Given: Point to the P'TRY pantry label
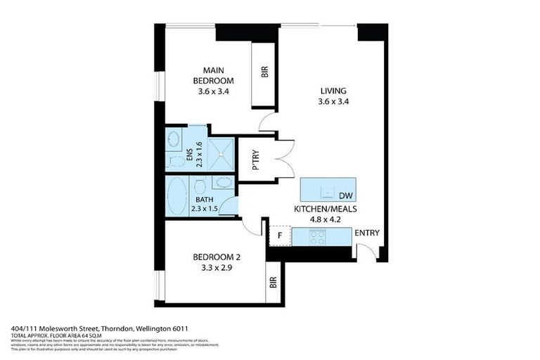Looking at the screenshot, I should point(256,160).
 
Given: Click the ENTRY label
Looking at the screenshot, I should point(367,233).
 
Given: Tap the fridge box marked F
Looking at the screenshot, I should point(280,236).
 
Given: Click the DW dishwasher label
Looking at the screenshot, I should point(345,195).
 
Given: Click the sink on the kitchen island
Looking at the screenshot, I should point(325,191).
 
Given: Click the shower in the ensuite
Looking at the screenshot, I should point(222,153).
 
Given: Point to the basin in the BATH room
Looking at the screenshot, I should point(224,183).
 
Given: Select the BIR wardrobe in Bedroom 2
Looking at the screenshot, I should point(273,283).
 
